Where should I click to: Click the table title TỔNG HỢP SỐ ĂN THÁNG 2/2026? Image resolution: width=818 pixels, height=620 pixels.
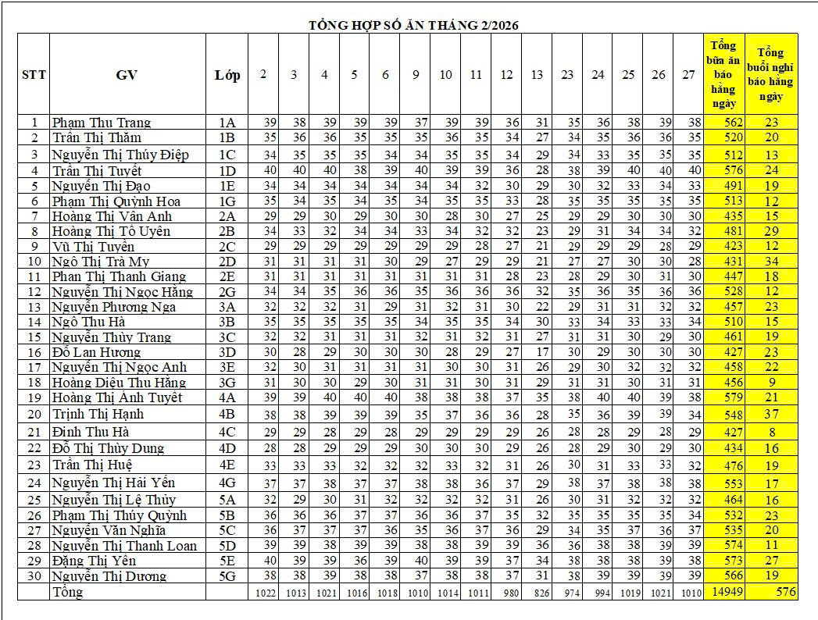(x=413, y=25)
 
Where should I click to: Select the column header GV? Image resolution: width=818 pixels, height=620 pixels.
(x=127, y=75)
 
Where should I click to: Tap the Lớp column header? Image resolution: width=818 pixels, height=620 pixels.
(x=227, y=75)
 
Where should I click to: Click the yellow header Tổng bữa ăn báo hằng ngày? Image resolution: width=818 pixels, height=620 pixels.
(x=723, y=75)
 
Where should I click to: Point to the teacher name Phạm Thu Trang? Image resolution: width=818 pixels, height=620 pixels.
(x=102, y=123)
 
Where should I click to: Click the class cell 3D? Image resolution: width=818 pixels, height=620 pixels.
(x=227, y=352)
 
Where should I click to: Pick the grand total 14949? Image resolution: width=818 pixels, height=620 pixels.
(x=723, y=592)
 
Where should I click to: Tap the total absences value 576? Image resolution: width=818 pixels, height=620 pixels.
(x=786, y=592)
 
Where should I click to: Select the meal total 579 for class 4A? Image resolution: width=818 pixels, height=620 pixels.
(x=723, y=398)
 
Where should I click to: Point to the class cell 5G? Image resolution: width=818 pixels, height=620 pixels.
(x=227, y=576)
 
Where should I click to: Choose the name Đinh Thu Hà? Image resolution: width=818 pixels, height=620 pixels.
(x=91, y=432)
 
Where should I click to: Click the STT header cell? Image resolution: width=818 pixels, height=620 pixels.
(x=34, y=75)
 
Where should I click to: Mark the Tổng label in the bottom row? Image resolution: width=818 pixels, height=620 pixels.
(x=67, y=592)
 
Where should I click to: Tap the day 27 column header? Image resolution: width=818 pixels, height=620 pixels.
(x=688, y=75)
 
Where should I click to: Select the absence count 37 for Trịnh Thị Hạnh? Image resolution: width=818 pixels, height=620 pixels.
(x=772, y=414)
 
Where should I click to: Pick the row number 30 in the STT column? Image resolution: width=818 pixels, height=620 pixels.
(x=34, y=576)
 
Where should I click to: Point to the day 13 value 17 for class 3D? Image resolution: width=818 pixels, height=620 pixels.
(x=537, y=352)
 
